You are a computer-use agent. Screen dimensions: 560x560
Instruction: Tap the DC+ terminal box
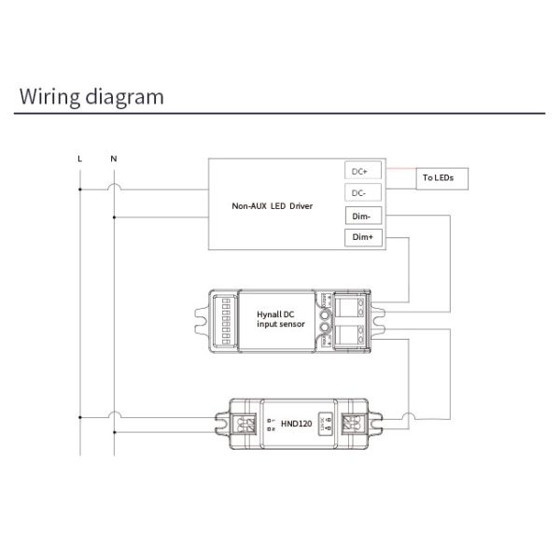[360, 171]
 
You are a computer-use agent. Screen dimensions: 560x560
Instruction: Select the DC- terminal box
[360, 193]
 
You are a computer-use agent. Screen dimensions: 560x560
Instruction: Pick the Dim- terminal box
[360, 217]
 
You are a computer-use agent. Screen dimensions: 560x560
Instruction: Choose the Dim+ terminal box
[360, 239]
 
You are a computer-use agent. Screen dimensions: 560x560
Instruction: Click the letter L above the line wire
[80, 158]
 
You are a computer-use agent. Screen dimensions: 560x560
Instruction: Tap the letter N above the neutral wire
[113, 158]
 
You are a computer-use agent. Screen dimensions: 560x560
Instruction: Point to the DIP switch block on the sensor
[223, 318]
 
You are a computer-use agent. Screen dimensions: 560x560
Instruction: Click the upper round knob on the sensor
[327, 314]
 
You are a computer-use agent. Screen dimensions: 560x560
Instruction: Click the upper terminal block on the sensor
[352, 304]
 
